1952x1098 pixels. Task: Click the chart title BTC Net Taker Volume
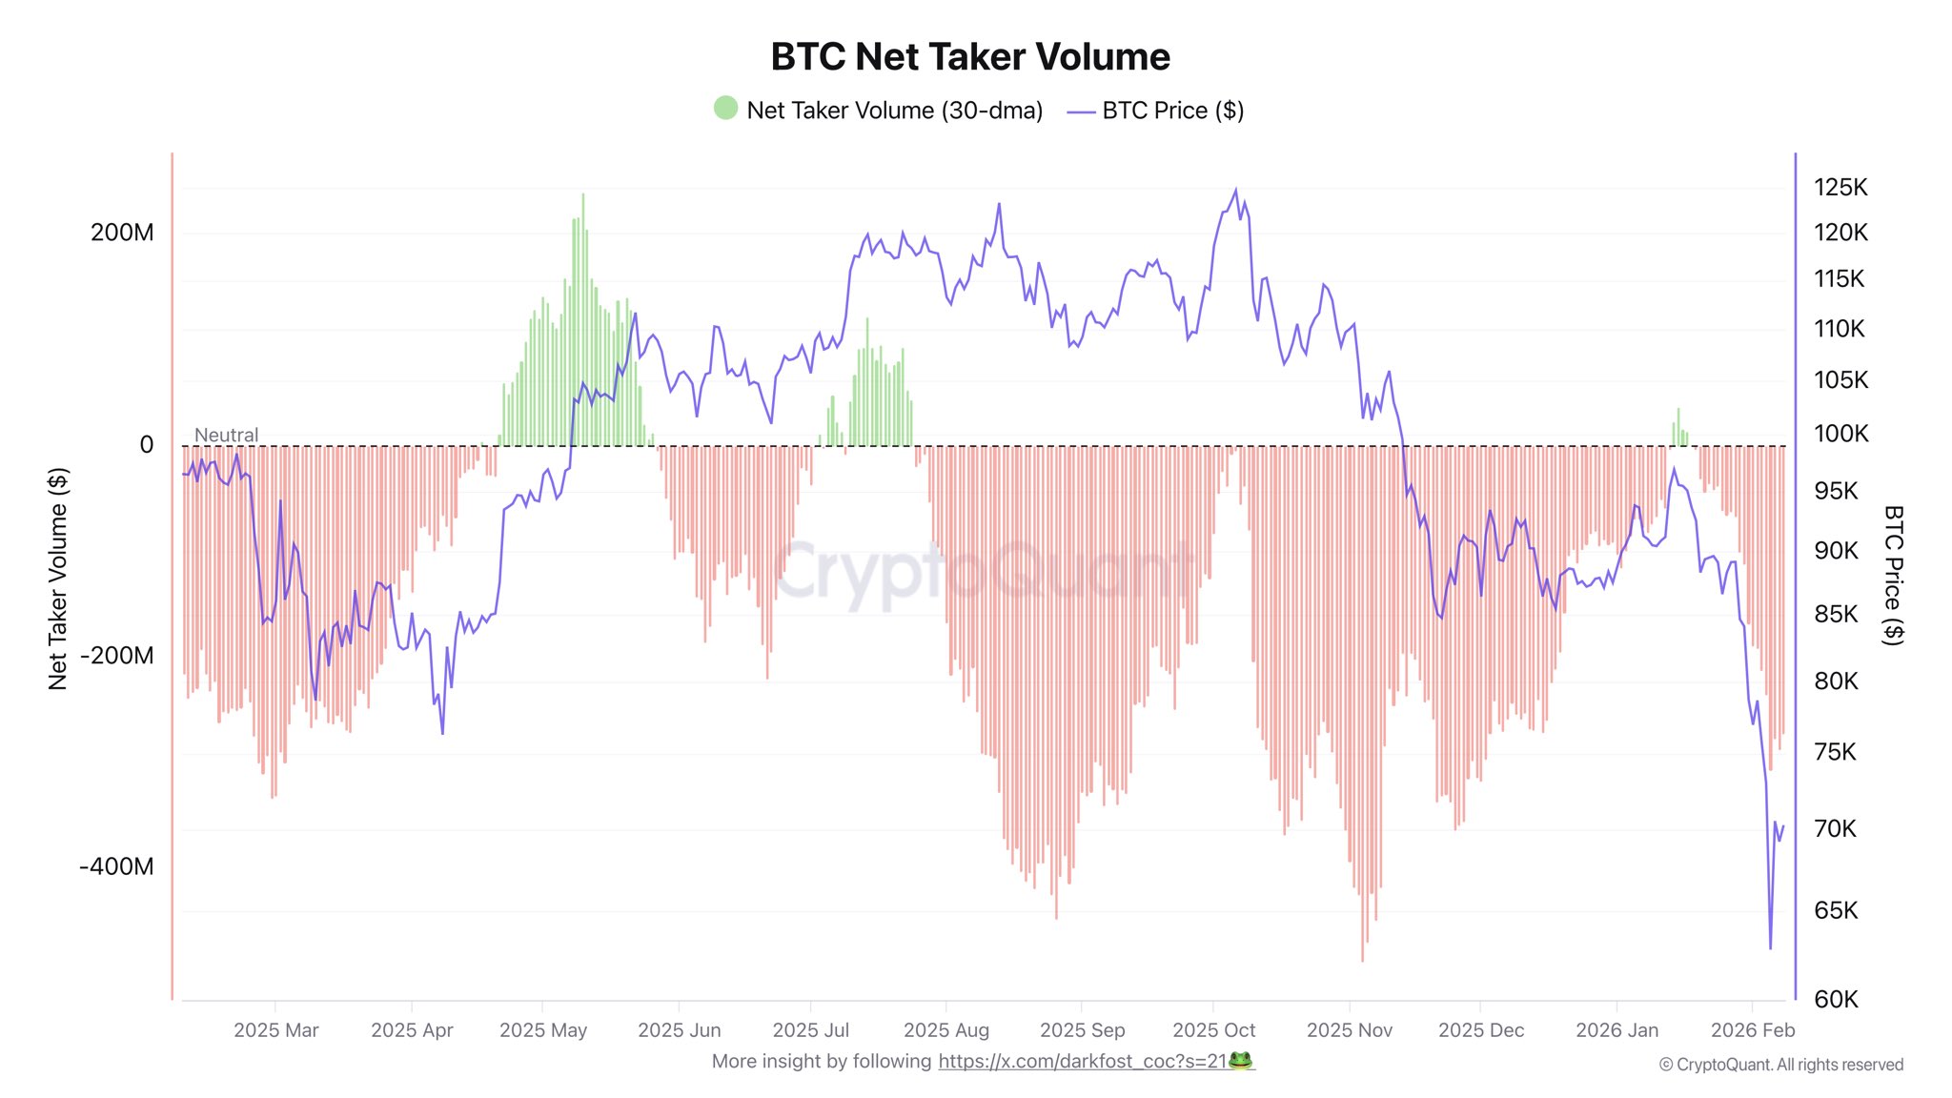969,57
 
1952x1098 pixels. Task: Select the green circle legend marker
725,108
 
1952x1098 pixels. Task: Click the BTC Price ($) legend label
1172,111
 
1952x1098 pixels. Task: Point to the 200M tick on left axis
122,233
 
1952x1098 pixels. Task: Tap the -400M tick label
116,866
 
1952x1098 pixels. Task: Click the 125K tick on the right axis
1840,187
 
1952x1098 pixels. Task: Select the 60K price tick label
1836,999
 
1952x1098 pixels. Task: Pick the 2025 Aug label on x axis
945,1030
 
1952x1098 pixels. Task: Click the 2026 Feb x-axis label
1752,1030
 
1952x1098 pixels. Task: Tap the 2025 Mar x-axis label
275,1030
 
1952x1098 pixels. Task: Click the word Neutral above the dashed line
226,435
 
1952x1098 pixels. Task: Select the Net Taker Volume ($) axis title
58,579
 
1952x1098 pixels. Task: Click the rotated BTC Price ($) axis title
1893,575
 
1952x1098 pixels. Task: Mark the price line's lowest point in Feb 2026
1770,947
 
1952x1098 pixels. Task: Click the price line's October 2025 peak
1236,190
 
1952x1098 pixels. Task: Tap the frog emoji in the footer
1240,1061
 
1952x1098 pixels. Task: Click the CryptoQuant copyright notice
1780,1065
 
